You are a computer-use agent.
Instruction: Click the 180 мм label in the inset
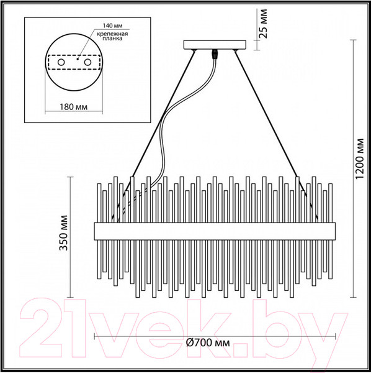tap(74, 106)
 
